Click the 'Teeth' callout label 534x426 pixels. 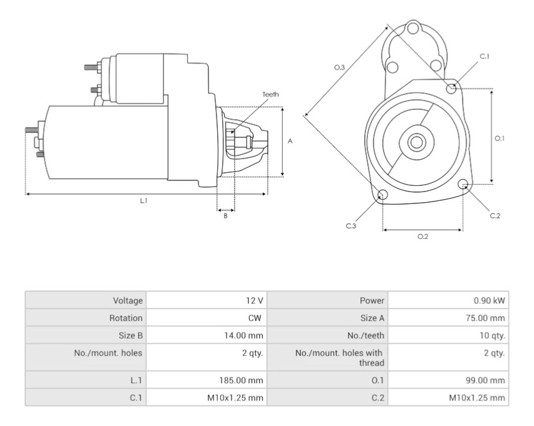tap(270, 95)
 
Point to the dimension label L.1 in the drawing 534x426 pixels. tap(143, 201)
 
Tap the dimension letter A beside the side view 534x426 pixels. tap(290, 141)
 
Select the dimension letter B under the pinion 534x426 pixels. tap(225, 216)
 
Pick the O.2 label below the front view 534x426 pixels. tap(423, 237)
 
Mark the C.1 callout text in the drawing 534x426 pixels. tap(484, 57)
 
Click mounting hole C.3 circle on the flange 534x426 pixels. tap(383, 195)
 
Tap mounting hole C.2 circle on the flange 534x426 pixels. tap(463, 185)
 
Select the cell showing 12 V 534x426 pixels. tap(255, 300)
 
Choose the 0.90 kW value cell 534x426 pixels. tap(489, 300)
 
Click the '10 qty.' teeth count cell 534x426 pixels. tap(489, 336)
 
